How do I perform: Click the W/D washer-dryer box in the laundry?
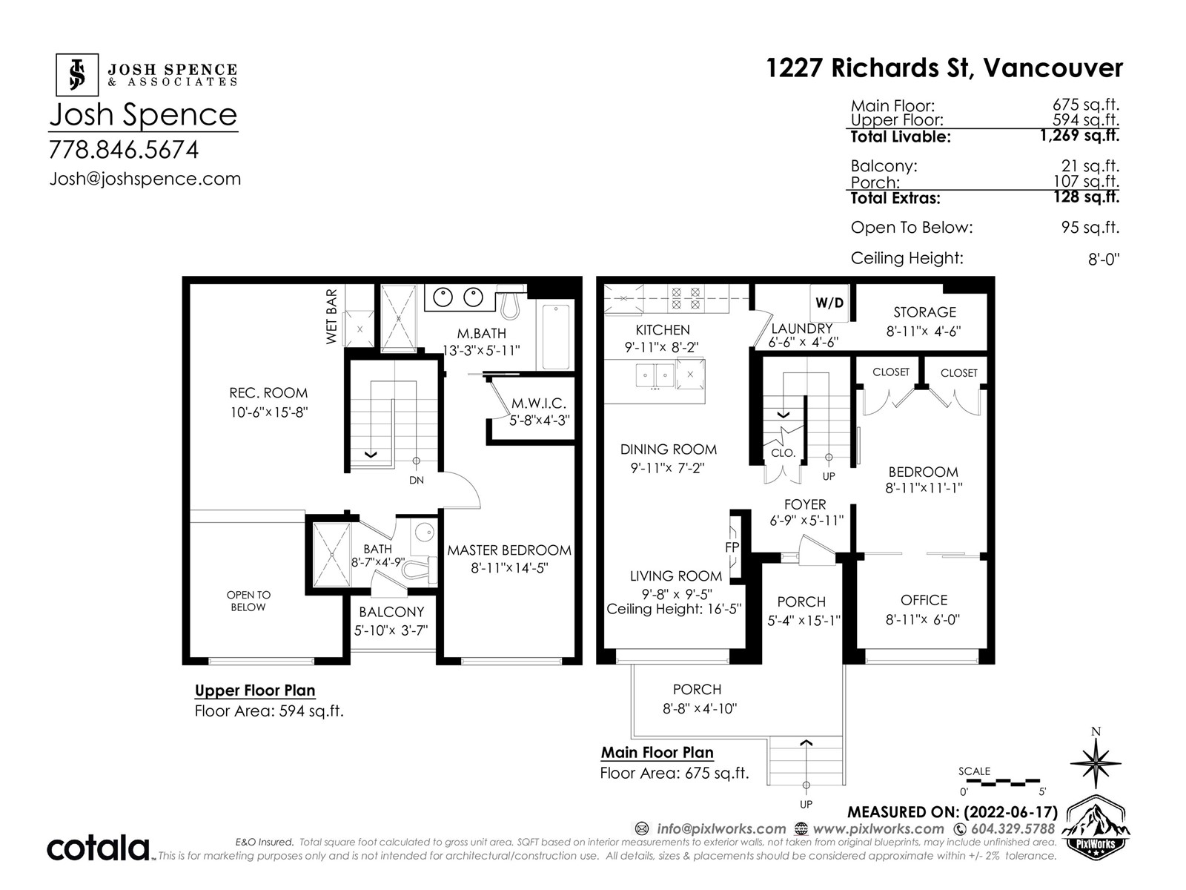[x=829, y=303]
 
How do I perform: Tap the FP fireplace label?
[x=732, y=547]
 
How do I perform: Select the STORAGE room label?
[x=924, y=312]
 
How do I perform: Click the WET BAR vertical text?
[x=331, y=316]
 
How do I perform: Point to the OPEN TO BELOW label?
[x=248, y=601]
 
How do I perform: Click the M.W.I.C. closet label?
[x=539, y=403]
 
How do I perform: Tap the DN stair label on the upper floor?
[x=416, y=481]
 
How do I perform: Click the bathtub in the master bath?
[x=555, y=337]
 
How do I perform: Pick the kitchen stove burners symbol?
[x=686, y=298]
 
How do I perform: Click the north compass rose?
[x=1096, y=762]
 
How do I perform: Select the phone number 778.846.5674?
[x=124, y=150]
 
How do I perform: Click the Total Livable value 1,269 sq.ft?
[x=1079, y=135]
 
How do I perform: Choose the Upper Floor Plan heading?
[x=255, y=690]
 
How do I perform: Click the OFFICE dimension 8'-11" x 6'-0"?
[x=923, y=619]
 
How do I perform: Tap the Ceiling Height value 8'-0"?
[x=1104, y=260]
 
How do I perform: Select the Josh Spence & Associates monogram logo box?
[x=77, y=75]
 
